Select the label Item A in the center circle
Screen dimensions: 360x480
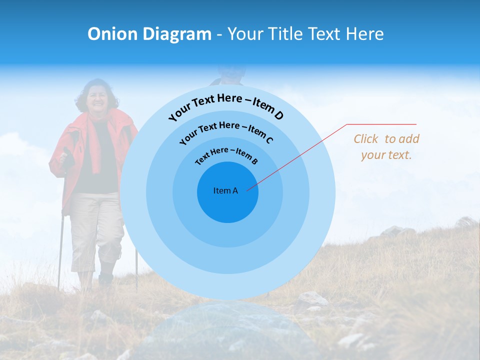(x=225, y=190)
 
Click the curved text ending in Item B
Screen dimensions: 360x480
(x=226, y=154)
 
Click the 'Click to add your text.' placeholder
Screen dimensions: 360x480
(x=386, y=147)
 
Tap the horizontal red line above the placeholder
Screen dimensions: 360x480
(x=381, y=124)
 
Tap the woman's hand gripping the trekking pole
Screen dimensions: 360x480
(x=66, y=160)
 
